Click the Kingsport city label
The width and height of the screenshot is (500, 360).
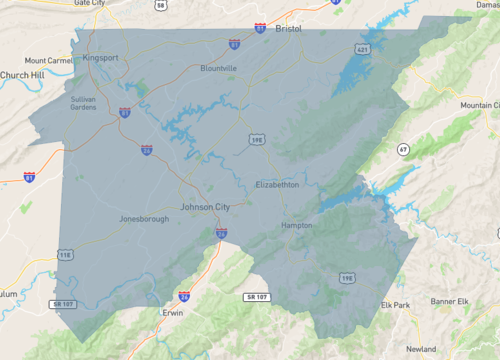tap(101, 58)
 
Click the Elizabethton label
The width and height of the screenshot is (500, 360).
tap(277, 185)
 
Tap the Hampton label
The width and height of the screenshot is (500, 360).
tap(297, 226)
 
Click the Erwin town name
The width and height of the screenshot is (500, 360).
tap(173, 313)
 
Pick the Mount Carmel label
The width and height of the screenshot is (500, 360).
tap(47, 60)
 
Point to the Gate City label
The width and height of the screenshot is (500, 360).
tap(89, 3)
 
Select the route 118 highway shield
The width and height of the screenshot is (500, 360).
tap(66, 256)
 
